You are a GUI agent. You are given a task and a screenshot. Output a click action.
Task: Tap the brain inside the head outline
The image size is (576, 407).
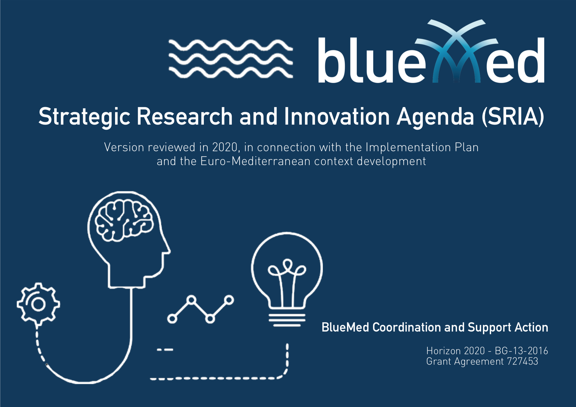(124, 220)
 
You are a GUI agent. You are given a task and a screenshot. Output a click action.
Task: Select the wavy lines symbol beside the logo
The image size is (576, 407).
(230, 58)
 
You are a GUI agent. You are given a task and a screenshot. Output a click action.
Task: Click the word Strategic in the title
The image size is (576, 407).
(84, 117)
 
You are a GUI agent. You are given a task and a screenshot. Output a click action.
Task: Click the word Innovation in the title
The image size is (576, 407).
(337, 116)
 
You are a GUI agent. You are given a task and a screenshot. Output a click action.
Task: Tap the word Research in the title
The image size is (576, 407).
(185, 116)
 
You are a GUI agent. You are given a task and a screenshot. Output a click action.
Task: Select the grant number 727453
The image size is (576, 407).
(523, 361)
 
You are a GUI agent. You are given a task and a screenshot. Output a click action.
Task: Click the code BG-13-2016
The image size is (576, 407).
(521, 350)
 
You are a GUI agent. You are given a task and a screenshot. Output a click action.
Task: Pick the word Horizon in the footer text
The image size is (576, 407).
(443, 350)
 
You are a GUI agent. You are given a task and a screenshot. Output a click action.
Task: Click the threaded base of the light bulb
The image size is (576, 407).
(287, 320)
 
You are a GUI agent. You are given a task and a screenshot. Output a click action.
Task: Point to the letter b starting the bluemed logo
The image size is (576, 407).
(330, 60)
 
